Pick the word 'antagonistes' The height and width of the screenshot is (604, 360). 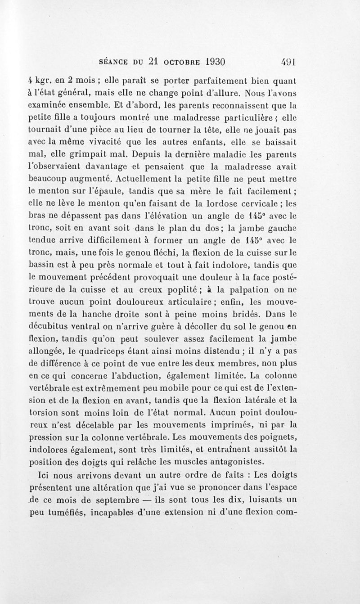point(239,461)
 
